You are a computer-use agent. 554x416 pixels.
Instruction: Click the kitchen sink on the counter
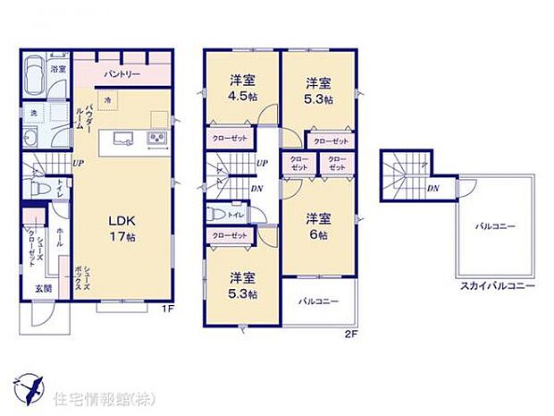click(x=122, y=138)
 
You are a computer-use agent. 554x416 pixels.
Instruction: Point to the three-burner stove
click(x=155, y=138)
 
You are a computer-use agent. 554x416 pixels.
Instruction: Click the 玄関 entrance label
click(x=44, y=288)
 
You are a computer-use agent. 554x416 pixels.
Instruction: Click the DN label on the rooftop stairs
click(x=432, y=188)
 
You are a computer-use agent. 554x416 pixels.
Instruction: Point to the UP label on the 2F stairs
click(x=262, y=163)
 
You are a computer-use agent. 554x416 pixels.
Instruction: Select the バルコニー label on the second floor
click(x=319, y=301)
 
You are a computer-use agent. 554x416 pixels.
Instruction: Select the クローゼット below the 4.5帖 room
click(x=230, y=140)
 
